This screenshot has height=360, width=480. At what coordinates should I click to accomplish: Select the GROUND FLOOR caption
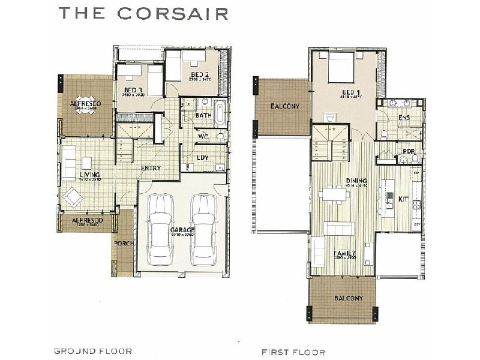(93, 350)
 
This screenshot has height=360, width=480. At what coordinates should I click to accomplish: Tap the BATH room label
(203, 115)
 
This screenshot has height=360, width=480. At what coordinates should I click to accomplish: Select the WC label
(203, 137)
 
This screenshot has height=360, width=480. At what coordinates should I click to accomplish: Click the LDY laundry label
(203, 158)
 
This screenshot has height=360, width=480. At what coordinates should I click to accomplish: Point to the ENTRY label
(150, 168)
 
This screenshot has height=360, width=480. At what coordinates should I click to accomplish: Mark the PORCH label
(124, 243)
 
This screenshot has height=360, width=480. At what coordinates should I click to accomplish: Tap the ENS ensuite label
(404, 118)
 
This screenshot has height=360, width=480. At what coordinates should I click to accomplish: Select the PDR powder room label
(409, 152)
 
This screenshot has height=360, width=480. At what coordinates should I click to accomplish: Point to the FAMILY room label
(345, 253)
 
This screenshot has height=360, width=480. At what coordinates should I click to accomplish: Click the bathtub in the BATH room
(220, 113)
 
